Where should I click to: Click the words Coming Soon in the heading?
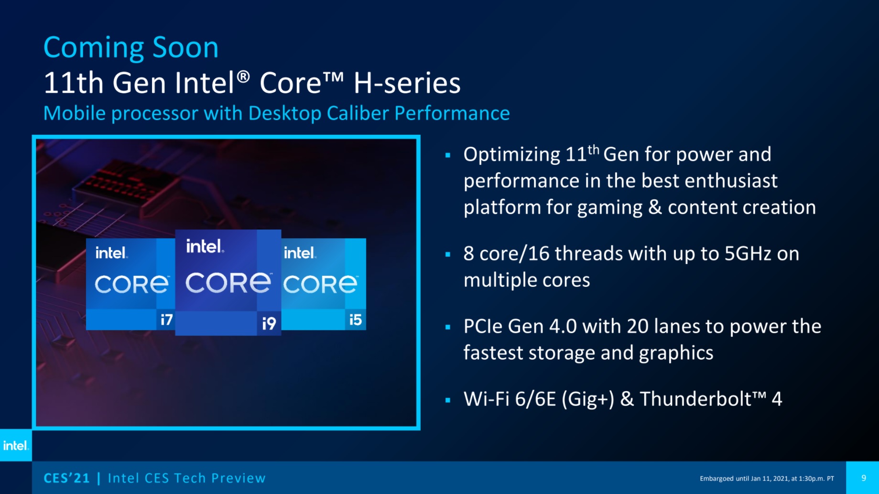[131, 48]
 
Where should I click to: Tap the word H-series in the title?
[407, 83]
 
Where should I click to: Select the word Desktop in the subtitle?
[285, 114]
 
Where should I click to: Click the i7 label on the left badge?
[166, 319]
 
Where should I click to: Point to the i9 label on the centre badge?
[269, 323]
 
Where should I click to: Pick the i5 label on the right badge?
[355, 319]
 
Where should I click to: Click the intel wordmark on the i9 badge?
[205, 246]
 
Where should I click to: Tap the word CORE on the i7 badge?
[132, 285]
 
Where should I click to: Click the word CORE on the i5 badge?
[320, 285]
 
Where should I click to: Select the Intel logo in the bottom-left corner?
[16, 446]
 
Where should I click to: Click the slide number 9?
[864, 478]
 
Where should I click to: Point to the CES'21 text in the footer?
[66, 478]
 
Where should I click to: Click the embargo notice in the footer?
[767, 478]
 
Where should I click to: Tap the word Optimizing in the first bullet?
[512, 155]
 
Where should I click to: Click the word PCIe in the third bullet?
[483, 327]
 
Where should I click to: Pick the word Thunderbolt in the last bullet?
[696, 399]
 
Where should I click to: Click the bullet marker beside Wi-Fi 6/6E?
[448, 400]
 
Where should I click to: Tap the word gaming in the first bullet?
[610, 208]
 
